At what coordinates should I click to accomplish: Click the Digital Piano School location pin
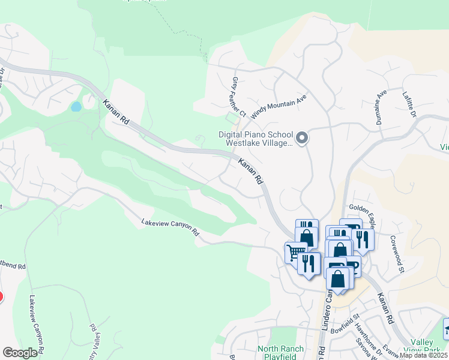[303, 139]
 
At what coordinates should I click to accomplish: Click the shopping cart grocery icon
[295, 252]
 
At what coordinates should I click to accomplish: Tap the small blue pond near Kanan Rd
[76, 107]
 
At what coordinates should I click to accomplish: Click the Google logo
[20, 353]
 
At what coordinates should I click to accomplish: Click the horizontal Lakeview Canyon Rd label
[170, 227]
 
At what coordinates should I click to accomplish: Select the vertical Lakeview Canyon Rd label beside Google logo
[35, 324]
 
